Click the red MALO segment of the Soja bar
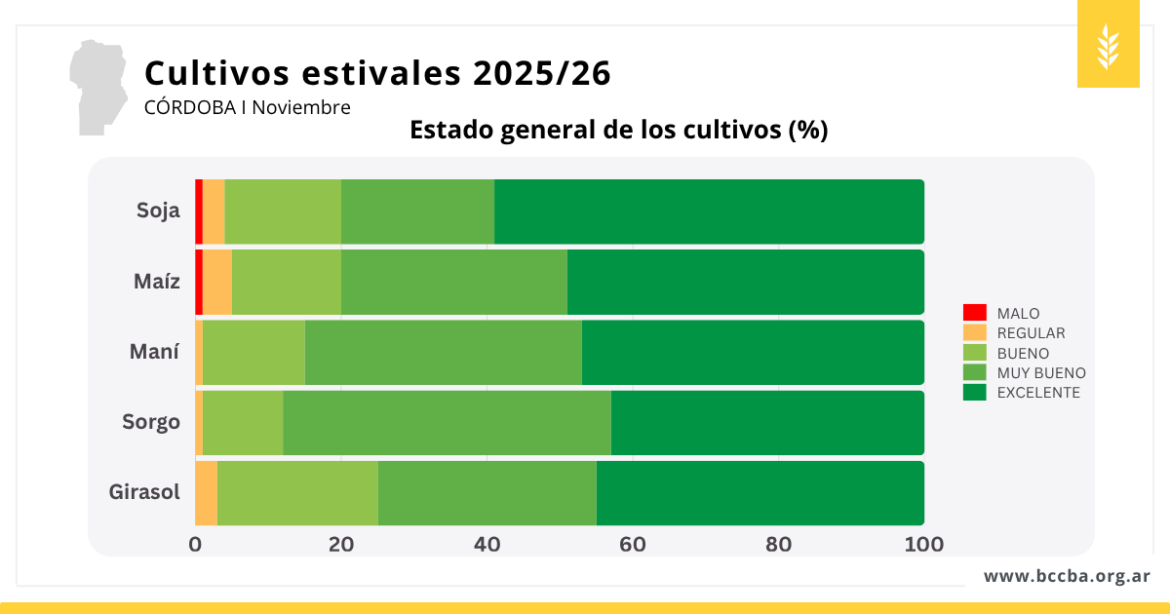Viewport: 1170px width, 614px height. click(x=199, y=211)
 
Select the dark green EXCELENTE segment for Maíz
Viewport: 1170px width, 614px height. click(x=745, y=282)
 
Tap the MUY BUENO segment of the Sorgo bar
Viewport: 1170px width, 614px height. click(x=447, y=423)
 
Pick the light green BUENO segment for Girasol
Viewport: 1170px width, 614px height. click(x=297, y=493)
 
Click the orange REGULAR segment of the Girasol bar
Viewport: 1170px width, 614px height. click(x=206, y=493)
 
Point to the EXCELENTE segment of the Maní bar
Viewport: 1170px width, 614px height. click(x=753, y=352)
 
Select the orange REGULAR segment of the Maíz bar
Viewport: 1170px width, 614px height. click(x=217, y=282)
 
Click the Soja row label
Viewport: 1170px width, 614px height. click(x=158, y=211)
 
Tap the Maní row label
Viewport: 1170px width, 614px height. click(x=154, y=352)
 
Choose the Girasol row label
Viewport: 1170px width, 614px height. click(x=144, y=492)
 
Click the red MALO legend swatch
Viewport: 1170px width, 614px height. click(x=974, y=313)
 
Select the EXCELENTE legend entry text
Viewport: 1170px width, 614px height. click(x=1038, y=393)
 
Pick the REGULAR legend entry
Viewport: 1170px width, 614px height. click(x=1031, y=333)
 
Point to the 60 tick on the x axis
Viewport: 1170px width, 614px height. click(x=633, y=544)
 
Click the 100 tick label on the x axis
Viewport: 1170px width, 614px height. click(x=923, y=544)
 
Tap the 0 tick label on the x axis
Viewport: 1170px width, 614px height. click(x=195, y=544)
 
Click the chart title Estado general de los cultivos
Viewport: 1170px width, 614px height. click(x=618, y=131)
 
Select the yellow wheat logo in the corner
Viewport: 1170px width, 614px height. click(x=1108, y=45)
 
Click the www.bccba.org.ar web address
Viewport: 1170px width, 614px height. click(x=1067, y=576)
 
